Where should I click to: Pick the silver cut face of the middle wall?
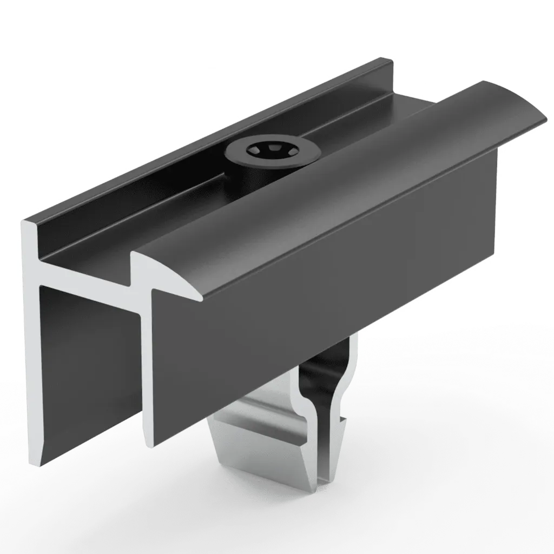click(146, 368)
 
